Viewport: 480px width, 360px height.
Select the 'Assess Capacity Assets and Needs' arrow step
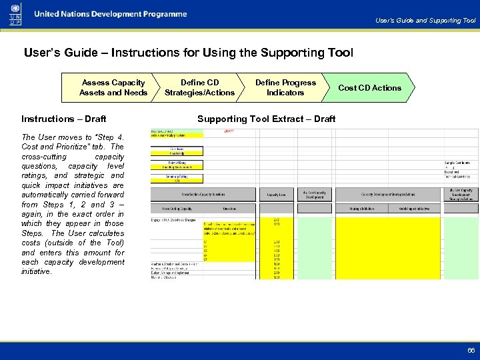pyautogui.click(x=113, y=87)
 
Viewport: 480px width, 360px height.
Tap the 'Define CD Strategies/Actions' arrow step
pyautogui.click(x=199, y=87)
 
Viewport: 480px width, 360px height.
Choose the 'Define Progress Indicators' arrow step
pyautogui.click(x=285, y=87)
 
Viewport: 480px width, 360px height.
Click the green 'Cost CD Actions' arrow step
pyautogui.click(x=369, y=87)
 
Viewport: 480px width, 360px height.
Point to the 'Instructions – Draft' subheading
pyautogui.click(x=63, y=119)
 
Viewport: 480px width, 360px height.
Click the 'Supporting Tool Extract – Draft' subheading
pyautogui.click(x=266, y=119)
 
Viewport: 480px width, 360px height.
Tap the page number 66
pyautogui.click(x=471, y=350)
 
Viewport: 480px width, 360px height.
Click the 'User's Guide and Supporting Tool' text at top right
pyautogui.click(x=425, y=21)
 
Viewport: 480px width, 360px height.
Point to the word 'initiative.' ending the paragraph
pyautogui.click(x=36, y=271)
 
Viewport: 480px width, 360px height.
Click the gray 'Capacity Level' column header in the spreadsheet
pyautogui.click(x=277, y=195)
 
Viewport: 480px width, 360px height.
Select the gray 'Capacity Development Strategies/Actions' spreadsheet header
pyautogui.click(x=389, y=195)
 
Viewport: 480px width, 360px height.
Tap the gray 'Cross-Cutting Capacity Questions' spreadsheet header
pyautogui.click(x=203, y=195)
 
